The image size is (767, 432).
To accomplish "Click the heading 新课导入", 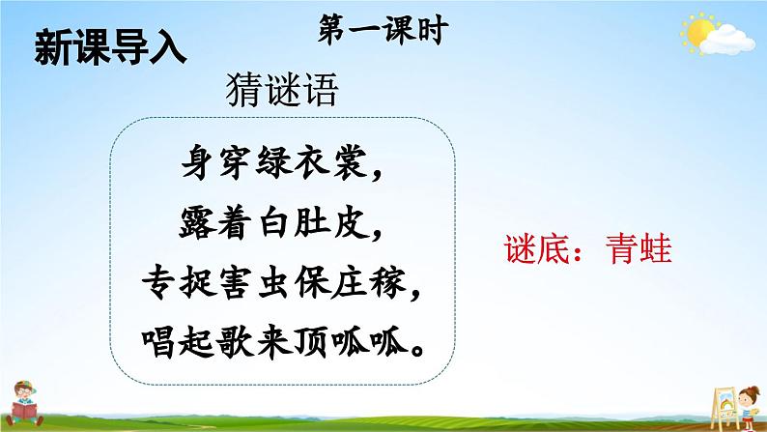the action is coord(110,48).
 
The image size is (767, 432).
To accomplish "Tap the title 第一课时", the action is coord(383,30).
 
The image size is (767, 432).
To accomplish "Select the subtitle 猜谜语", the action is coord(282,90).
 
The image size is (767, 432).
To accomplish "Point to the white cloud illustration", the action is coord(726,41).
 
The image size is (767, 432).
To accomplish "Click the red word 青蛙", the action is coord(639,249).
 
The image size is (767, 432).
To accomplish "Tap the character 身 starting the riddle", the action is coord(197,161).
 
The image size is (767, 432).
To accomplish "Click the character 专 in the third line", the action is coord(158,283).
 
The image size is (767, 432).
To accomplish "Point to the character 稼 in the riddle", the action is coord(388,283).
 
